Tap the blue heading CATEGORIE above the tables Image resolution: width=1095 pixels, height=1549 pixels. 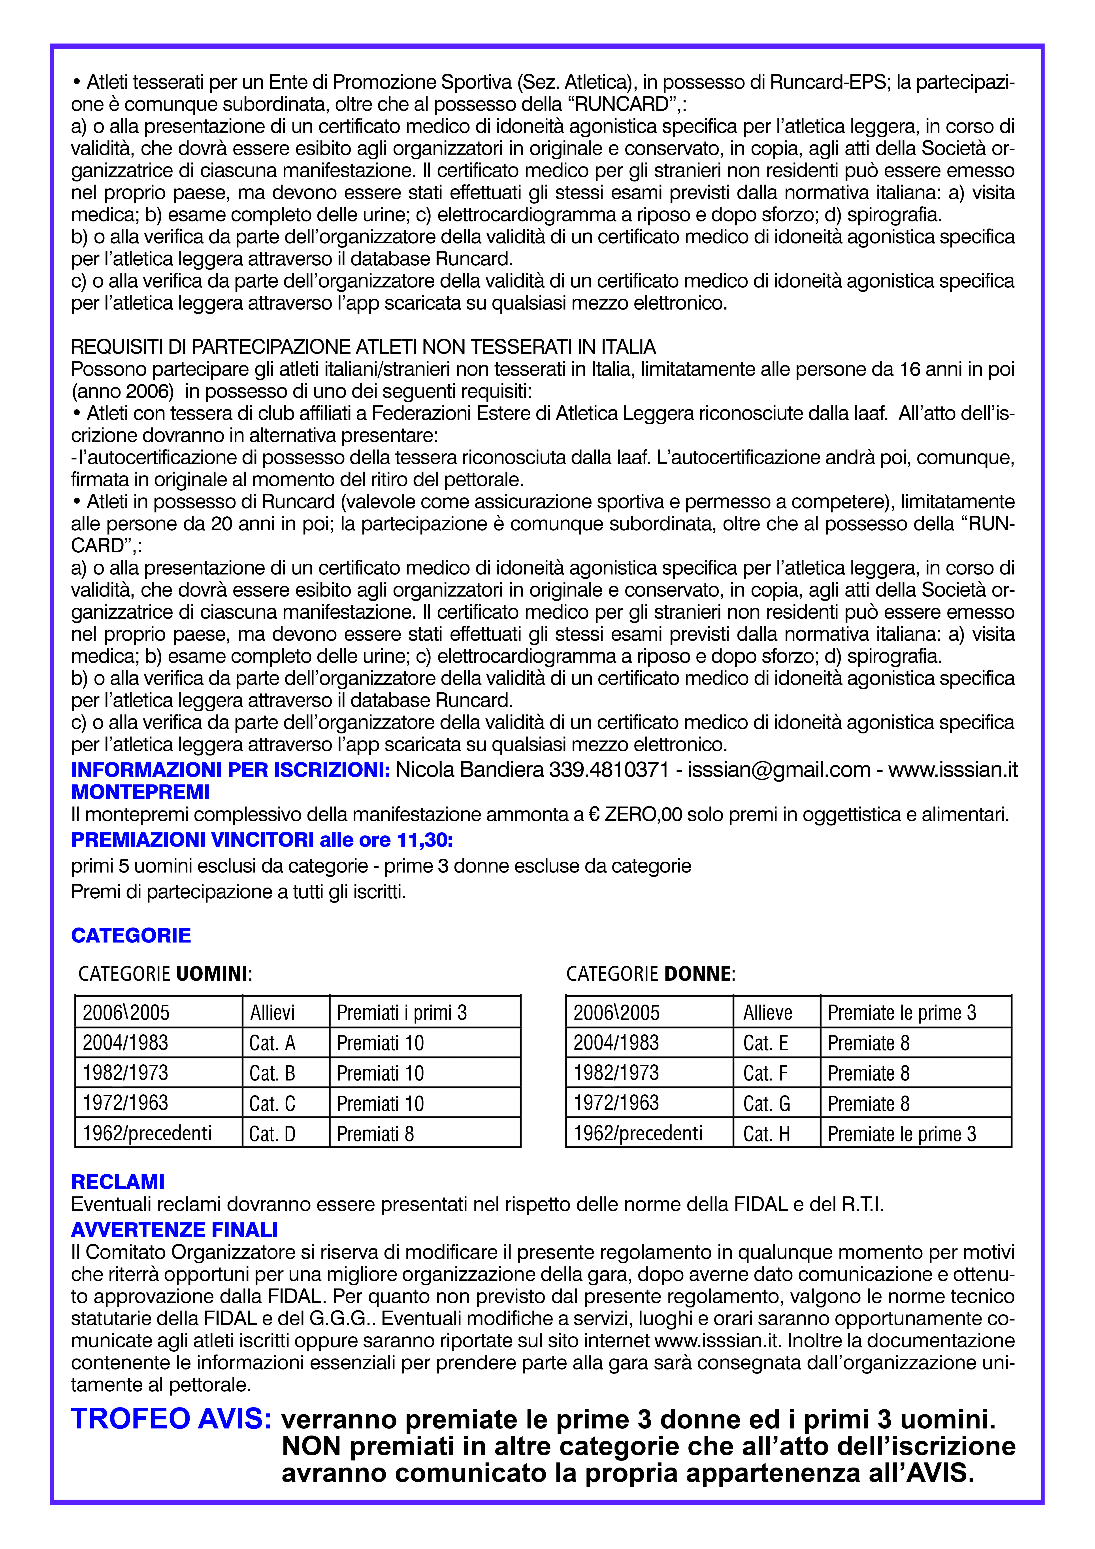(x=131, y=936)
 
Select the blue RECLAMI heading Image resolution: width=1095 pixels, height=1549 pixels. (x=118, y=1182)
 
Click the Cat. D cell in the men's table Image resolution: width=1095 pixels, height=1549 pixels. (x=273, y=1134)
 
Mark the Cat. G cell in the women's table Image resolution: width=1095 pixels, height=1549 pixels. (x=766, y=1104)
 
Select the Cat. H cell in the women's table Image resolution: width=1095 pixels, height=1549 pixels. (x=766, y=1134)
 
